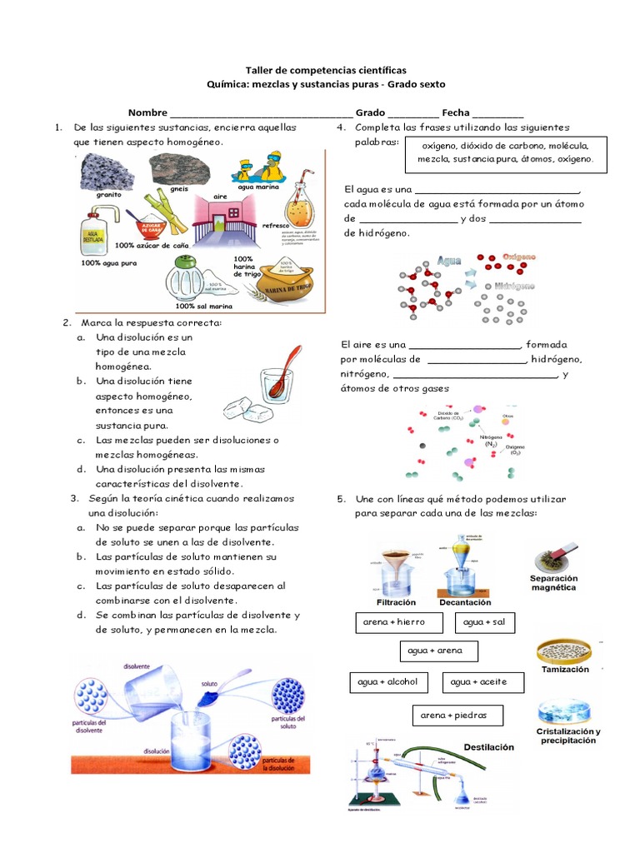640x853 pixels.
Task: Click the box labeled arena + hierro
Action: (x=394, y=622)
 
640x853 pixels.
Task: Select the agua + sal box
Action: (x=484, y=622)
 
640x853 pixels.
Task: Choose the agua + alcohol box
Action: (x=387, y=683)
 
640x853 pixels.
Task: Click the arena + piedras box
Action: (x=448, y=715)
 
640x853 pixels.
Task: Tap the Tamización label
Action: (x=564, y=669)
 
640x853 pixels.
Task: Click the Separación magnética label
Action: (x=564, y=581)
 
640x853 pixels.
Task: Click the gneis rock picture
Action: (x=178, y=169)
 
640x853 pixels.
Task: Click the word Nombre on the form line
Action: (x=146, y=112)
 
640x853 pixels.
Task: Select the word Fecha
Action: (x=456, y=112)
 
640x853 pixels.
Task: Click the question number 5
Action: (x=341, y=499)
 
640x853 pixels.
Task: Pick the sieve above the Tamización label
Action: (x=565, y=649)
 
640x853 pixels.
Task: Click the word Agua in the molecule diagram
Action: (x=450, y=261)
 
